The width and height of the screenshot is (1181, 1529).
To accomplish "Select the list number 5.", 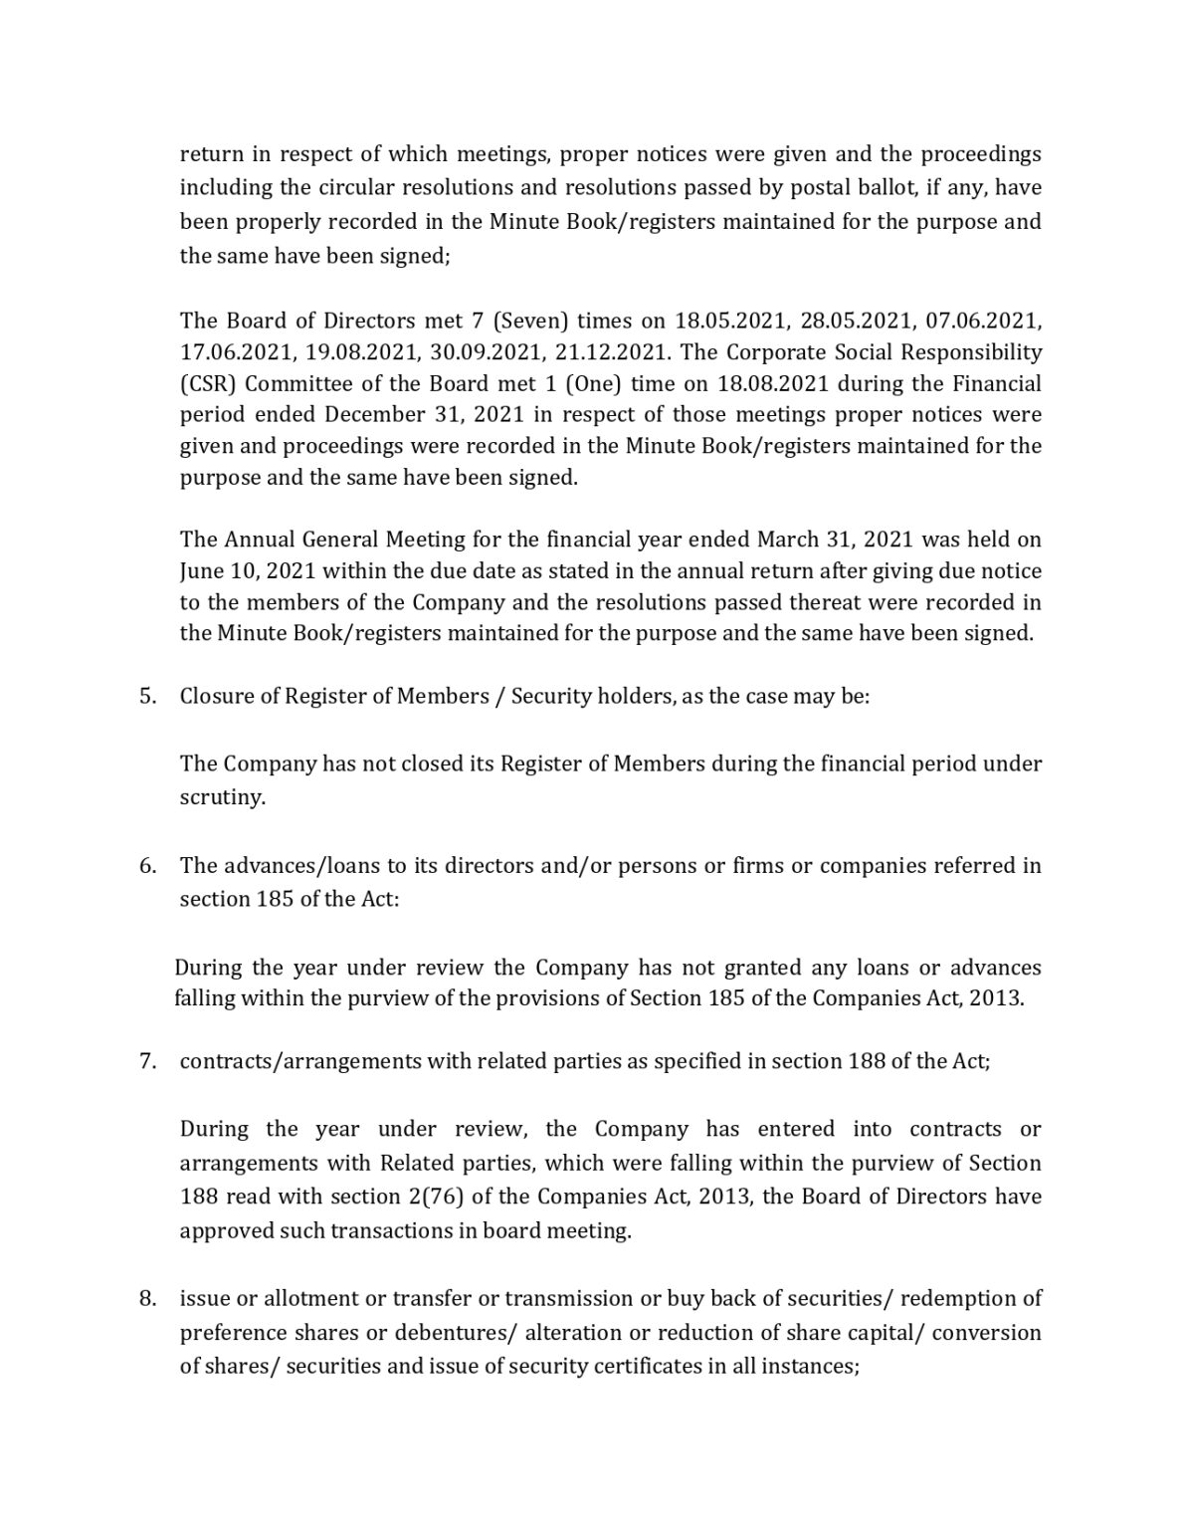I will point(147,696).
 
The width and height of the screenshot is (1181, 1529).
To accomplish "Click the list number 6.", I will point(147,865).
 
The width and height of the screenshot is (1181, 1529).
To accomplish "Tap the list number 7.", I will point(147,1061).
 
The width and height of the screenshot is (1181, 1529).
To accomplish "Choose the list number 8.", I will point(147,1298).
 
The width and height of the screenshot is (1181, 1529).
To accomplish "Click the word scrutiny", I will point(222,798).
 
